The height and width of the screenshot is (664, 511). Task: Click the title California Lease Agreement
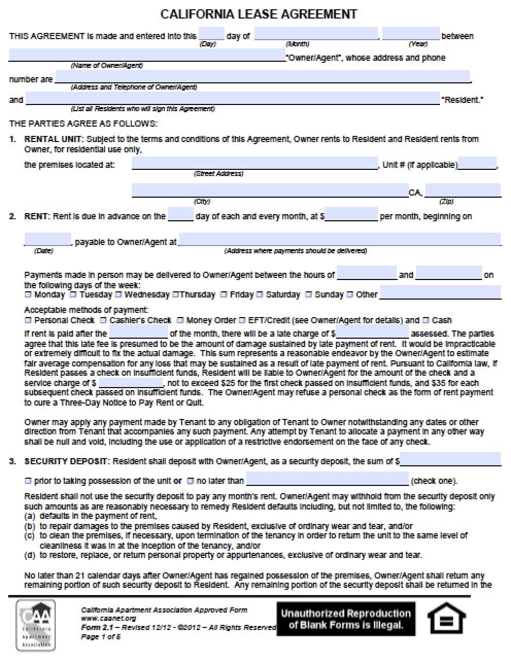259,14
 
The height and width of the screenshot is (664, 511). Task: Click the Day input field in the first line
211,34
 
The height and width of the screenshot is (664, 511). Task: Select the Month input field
316,34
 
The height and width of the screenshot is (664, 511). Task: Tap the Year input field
411,34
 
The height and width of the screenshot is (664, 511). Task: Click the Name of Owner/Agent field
147,56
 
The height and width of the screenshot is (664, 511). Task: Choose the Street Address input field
254,163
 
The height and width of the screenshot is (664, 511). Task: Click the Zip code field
462,190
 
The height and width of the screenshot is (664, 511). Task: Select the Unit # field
477,163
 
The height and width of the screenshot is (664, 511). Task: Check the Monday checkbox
28,295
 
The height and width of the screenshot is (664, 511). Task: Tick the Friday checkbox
224,295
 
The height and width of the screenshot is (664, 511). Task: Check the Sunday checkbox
309,295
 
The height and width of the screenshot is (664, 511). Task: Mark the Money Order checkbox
180,320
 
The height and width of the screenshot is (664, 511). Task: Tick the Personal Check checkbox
28,320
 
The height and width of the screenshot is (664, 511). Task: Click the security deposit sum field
450,459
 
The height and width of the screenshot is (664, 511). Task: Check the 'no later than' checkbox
190,481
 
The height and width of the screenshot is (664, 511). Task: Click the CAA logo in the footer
36,625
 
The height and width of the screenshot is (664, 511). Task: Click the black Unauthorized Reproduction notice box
346,619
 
